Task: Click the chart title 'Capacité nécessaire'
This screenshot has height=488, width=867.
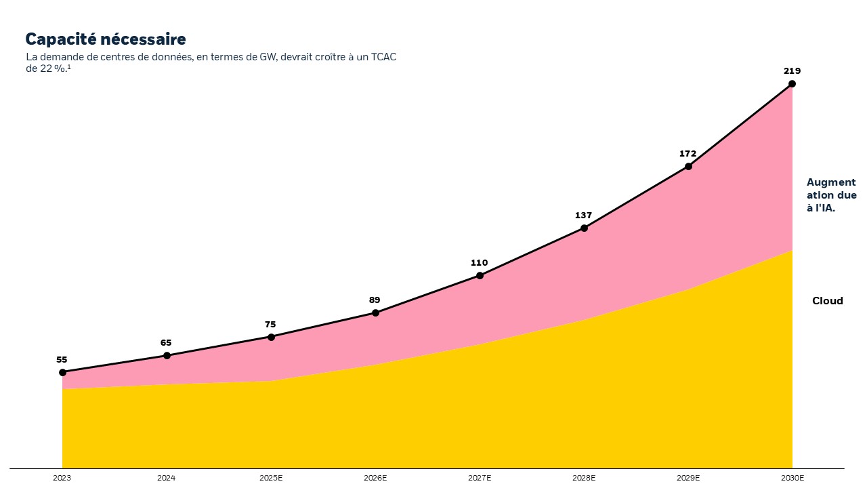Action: pos(105,39)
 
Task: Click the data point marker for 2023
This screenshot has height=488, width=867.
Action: pos(62,372)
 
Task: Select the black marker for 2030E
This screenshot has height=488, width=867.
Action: pos(792,84)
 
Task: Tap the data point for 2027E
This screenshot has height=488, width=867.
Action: pos(480,275)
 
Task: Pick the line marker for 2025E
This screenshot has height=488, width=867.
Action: pos(271,337)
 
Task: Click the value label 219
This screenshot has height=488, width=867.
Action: pos(792,70)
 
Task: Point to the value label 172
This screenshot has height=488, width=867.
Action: pos(688,154)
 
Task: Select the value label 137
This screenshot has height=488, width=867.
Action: pos(583,216)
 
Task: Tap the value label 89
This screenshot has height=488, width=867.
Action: pos(375,300)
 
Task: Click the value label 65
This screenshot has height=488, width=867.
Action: pos(166,343)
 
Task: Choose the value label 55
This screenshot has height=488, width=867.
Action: pos(62,360)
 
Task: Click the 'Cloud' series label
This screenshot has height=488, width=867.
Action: pos(827,301)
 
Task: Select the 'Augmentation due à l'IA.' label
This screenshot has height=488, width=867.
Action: pos(831,195)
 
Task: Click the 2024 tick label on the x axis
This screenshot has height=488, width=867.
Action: pos(166,478)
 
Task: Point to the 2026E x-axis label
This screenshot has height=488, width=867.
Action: pos(375,478)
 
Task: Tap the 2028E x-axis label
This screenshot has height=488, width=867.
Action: pos(583,478)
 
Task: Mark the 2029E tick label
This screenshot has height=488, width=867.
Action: pos(688,478)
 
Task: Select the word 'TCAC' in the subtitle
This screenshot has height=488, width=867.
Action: pos(383,57)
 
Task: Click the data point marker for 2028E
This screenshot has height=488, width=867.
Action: pos(584,228)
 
